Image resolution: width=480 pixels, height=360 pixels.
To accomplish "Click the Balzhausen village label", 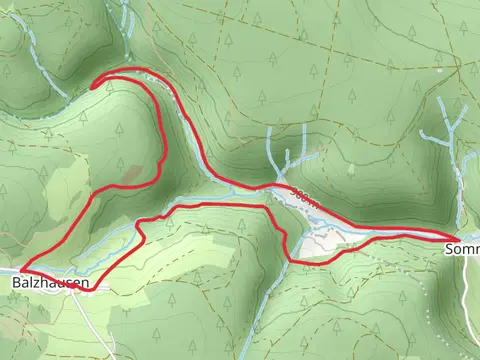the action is (x=49, y=284).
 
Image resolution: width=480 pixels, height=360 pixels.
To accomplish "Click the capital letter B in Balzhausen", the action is (x=17, y=284).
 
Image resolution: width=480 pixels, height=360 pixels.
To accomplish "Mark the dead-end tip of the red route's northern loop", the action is (x=93, y=87).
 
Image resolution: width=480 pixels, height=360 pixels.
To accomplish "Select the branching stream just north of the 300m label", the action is (x=285, y=160).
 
